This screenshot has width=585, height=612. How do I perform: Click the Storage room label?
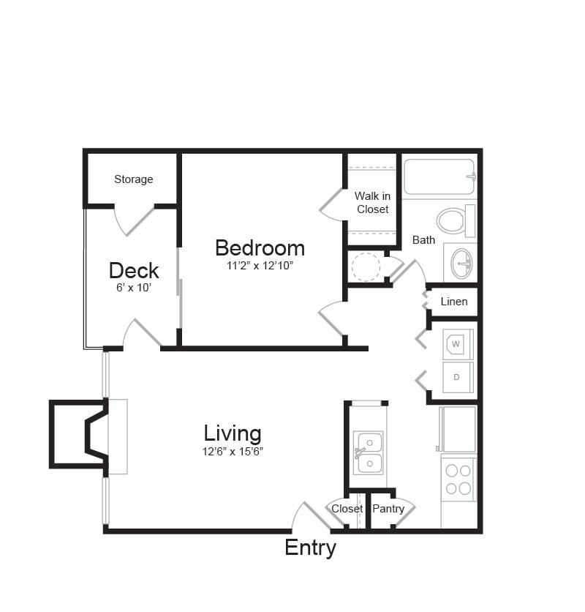(x=133, y=179)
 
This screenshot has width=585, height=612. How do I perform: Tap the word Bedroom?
(x=260, y=248)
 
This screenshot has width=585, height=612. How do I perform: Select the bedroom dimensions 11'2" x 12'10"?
(x=260, y=266)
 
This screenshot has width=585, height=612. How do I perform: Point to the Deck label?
(x=134, y=271)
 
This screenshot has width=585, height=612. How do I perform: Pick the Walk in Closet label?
(x=372, y=202)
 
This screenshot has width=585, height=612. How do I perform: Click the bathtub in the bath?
(x=439, y=176)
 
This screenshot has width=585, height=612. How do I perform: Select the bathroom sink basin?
(x=461, y=263)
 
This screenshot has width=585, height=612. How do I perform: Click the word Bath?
(x=423, y=239)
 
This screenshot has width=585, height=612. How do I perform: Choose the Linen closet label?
(x=453, y=302)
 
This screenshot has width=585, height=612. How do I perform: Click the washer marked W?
(x=456, y=343)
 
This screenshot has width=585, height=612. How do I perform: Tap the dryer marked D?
(x=457, y=377)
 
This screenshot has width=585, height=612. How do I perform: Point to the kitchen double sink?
(x=369, y=452)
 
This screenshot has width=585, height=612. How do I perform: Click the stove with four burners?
(x=458, y=479)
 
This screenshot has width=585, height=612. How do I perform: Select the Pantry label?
(x=388, y=509)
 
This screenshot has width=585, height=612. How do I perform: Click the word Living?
(x=233, y=433)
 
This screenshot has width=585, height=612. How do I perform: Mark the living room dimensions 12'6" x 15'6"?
(x=233, y=452)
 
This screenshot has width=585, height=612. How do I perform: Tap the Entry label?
(x=310, y=548)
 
